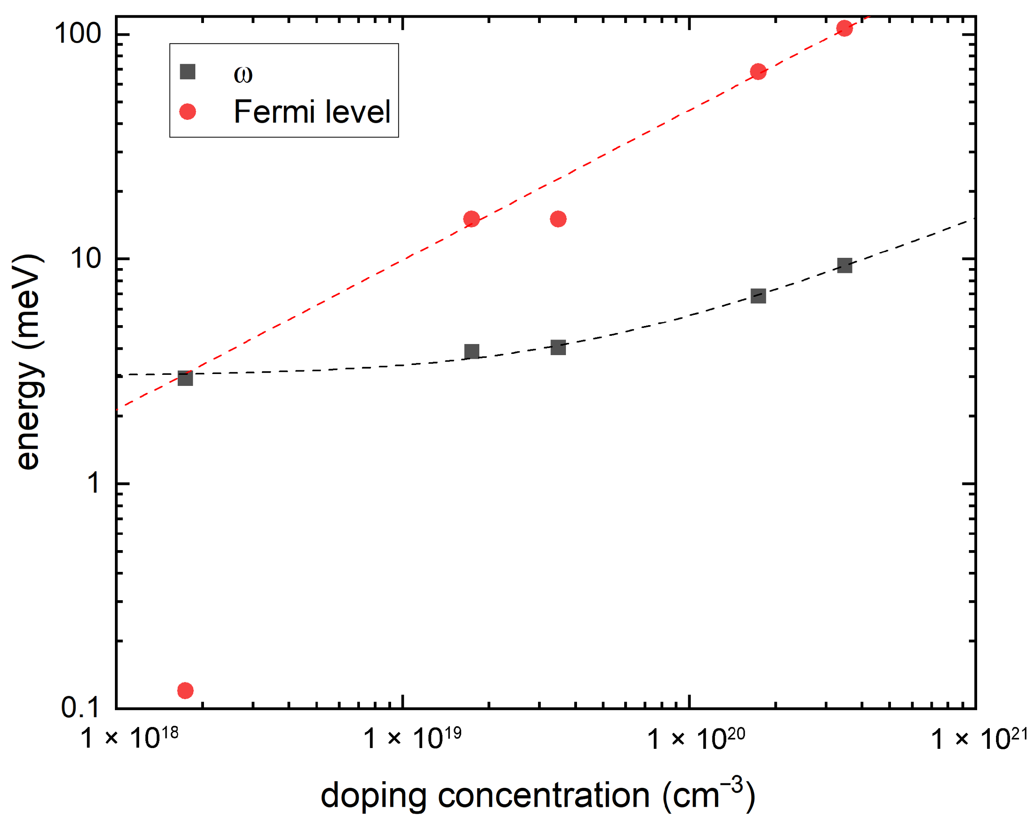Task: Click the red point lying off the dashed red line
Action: (558, 219)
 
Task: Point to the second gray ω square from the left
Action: (472, 351)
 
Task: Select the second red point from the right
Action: (758, 71)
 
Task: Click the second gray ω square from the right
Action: (758, 296)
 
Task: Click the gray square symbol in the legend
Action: (187, 72)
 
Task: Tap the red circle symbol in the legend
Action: (187, 112)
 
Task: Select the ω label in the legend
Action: (243, 74)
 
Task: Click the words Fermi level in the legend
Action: (312, 112)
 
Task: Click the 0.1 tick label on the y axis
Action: (80, 708)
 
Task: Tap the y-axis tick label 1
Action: (93, 483)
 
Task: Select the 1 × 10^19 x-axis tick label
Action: (412, 738)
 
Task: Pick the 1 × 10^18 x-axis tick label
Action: (128, 738)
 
